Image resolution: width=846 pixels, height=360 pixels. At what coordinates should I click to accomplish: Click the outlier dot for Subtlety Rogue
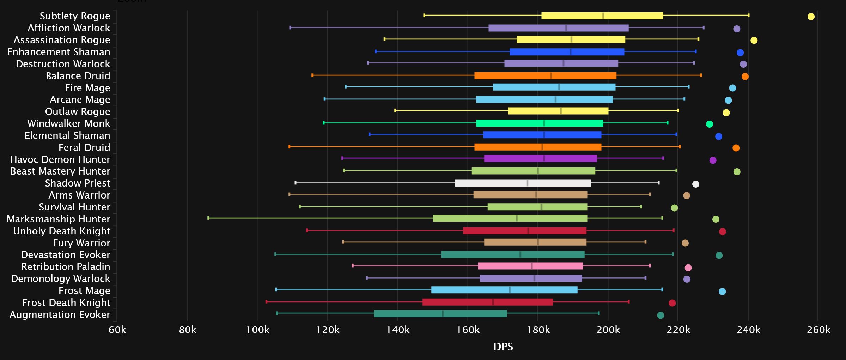coord(811,17)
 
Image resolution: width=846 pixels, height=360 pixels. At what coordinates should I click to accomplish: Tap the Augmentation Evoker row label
coord(60,315)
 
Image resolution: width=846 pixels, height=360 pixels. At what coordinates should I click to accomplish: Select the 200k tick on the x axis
coord(608,330)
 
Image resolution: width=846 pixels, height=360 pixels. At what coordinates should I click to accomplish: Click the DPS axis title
coord(503,347)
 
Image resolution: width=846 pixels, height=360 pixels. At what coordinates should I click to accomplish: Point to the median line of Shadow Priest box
coord(527,183)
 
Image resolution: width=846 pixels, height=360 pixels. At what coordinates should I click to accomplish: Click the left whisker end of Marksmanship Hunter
coord(208,218)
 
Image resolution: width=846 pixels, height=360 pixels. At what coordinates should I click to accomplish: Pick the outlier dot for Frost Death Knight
coord(672,303)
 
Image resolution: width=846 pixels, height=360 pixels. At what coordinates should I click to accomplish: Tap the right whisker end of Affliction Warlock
coord(704,28)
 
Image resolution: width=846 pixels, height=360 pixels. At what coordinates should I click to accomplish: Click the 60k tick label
coord(117,330)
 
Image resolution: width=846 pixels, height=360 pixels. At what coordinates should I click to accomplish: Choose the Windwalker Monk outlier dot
coord(709,124)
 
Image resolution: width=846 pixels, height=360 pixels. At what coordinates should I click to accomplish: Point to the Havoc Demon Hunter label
coord(60,159)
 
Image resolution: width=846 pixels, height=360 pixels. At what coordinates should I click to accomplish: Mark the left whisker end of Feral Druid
coord(290,146)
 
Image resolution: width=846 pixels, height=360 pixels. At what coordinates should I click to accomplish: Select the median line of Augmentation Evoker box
coord(443,313)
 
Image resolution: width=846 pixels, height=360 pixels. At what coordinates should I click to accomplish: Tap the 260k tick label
coord(818,330)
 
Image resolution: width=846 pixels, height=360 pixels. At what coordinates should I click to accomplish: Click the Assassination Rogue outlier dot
coord(754,40)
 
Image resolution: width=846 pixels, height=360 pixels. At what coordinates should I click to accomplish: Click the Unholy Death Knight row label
coord(62,231)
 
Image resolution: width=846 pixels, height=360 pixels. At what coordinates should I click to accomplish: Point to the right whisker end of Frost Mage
coord(662,289)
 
